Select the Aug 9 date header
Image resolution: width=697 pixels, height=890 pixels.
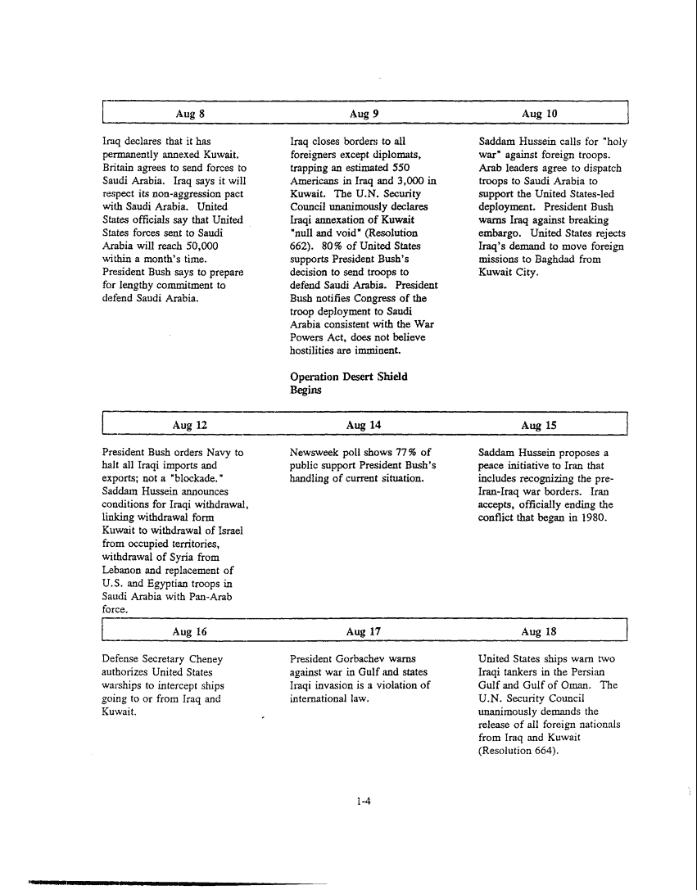(363, 114)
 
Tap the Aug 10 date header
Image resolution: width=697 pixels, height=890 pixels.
(539, 114)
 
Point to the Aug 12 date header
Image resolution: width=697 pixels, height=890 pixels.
(183, 425)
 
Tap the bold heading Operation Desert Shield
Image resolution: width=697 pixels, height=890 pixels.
(349, 377)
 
